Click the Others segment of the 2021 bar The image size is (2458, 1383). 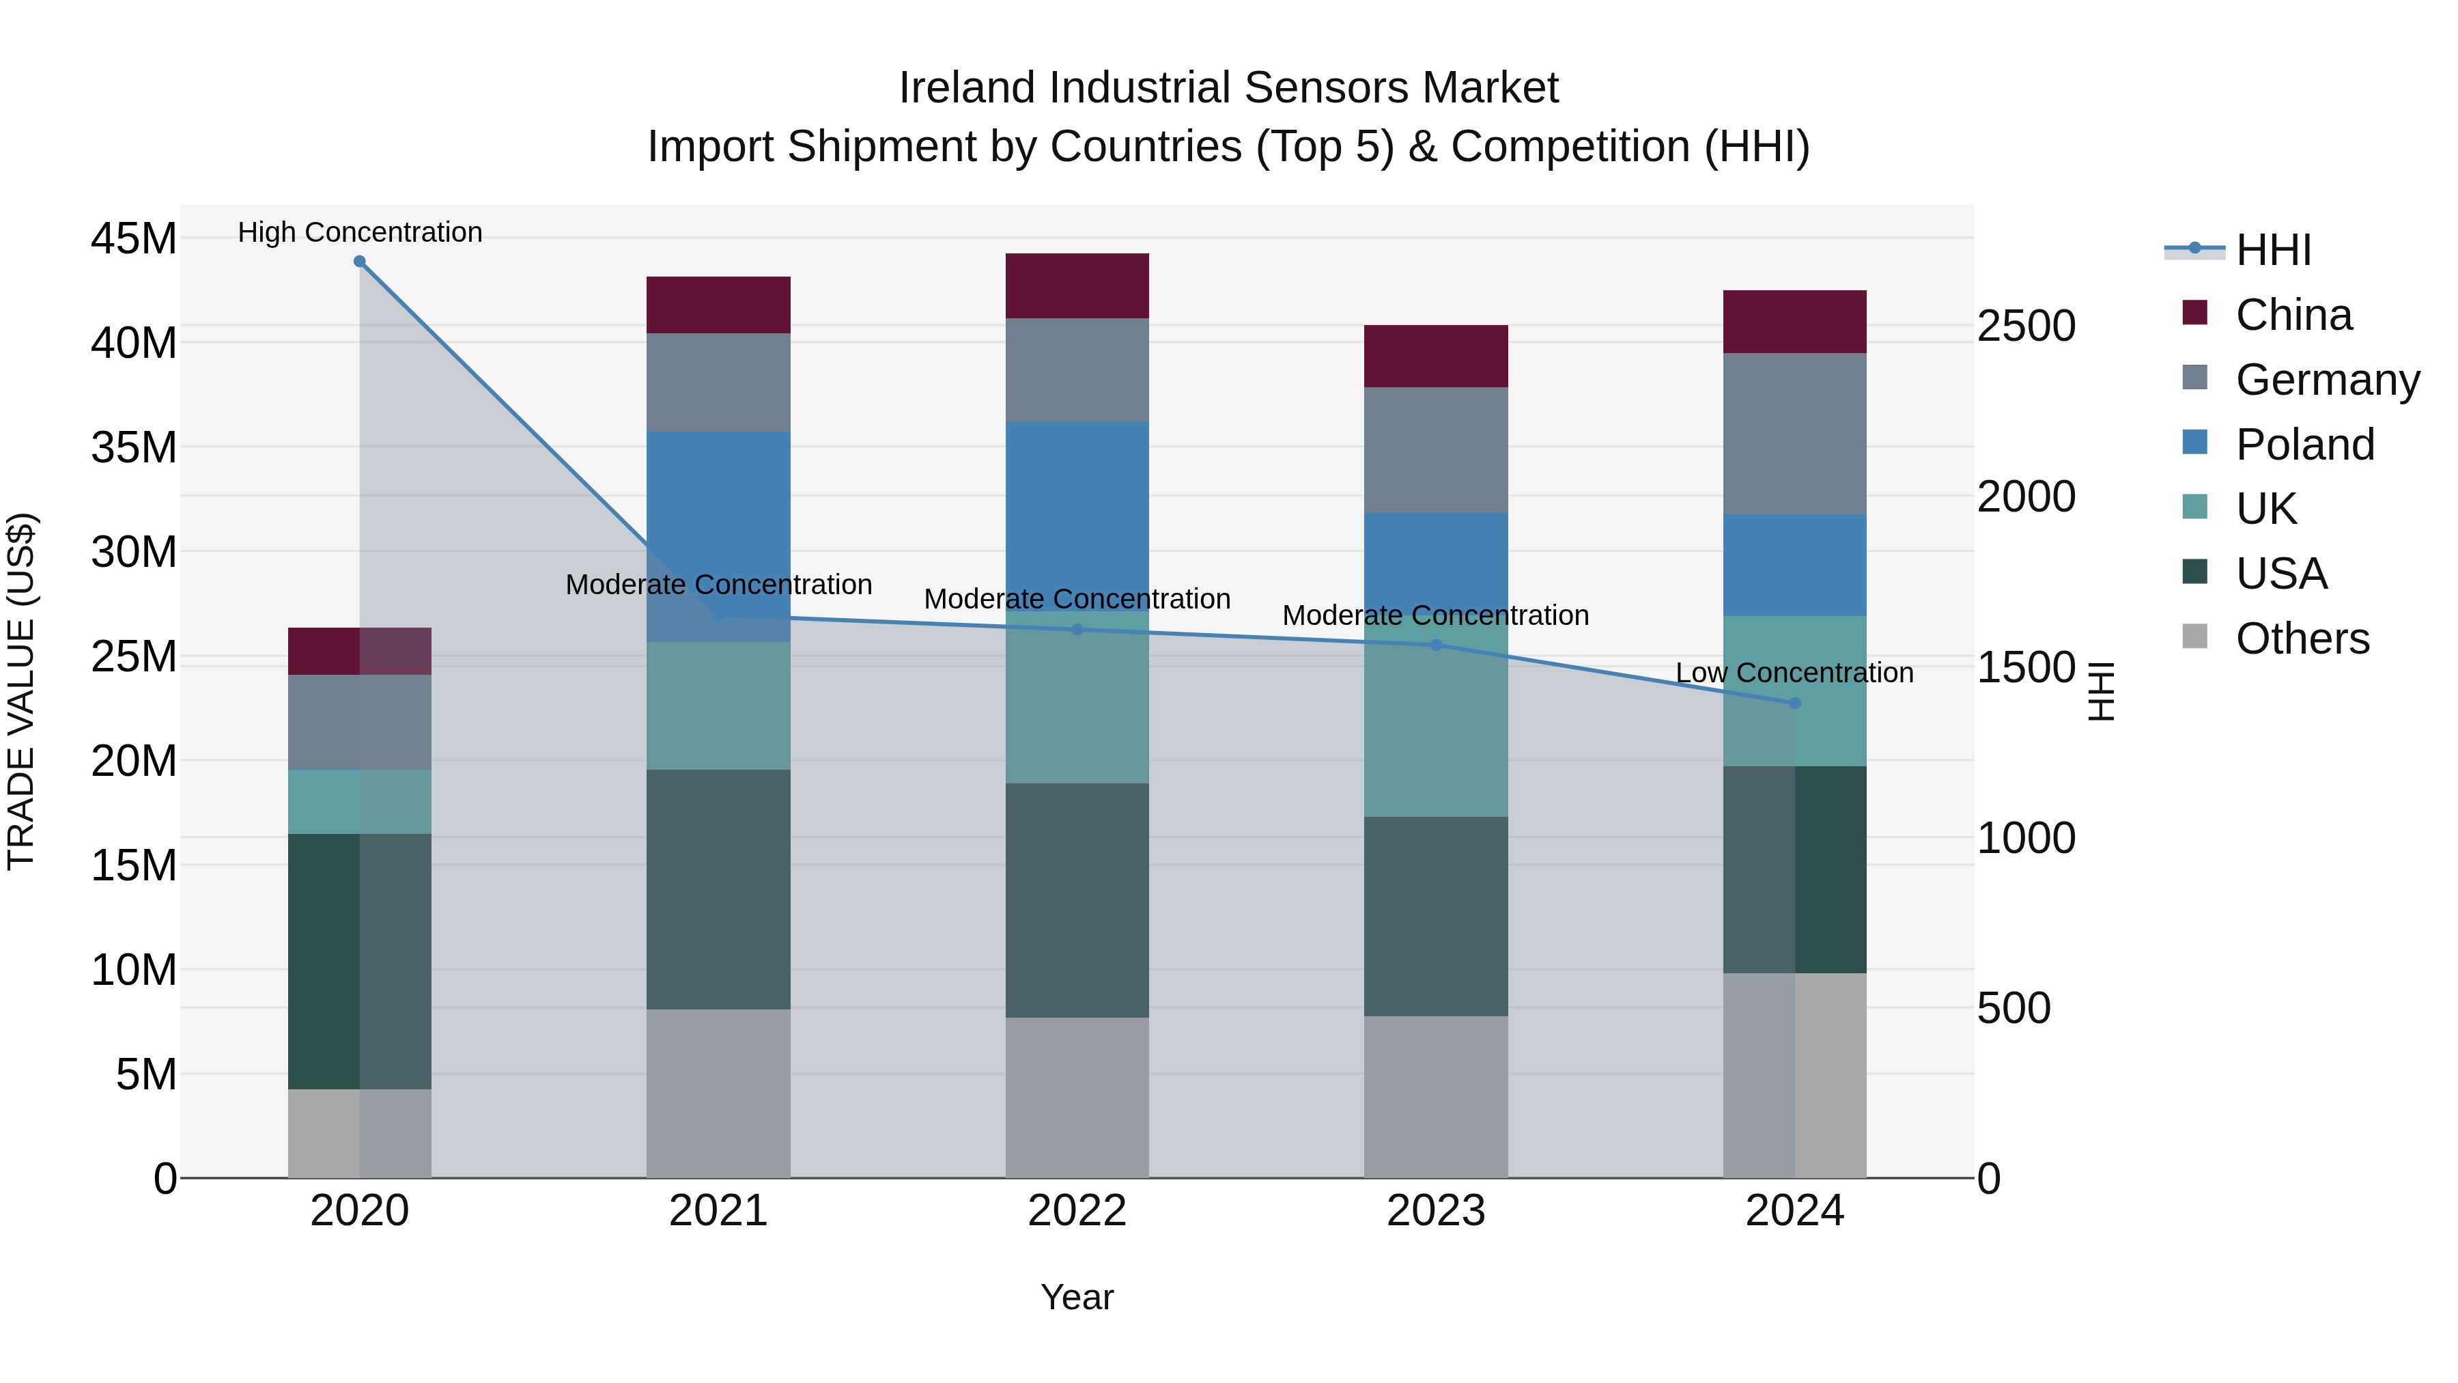click(x=718, y=1093)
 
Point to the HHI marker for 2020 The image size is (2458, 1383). click(x=360, y=262)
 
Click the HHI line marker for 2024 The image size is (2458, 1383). click(x=1794, y=703)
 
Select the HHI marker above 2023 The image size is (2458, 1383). click(x=1435, y=645)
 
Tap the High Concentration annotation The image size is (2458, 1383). click(x=360, y=233)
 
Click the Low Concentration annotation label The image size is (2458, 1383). click(x=1794, y=673)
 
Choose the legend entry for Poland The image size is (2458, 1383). click(x=2304, y=445)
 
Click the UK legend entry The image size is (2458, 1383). click(x=2265, y=509)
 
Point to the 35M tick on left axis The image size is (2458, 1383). click(x=134, y=447)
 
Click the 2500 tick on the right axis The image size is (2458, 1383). click(x=2025, y=326)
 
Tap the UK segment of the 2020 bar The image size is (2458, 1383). click(x=324, y=802)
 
